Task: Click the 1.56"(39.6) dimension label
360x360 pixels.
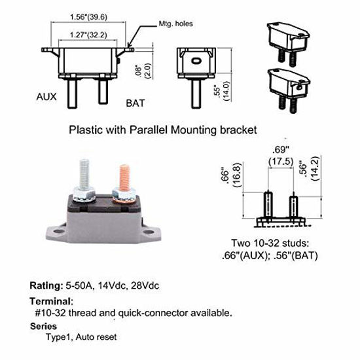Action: pos(88,17)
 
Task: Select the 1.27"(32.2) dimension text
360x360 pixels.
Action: pos(88,35)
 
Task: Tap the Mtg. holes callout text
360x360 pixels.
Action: pos(175,24)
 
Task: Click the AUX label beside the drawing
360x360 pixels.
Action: pos(46,97)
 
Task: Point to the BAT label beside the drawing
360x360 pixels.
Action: pos(135,103)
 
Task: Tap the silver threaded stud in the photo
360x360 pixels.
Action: pos(84,175)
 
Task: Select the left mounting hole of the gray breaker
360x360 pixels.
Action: pos(58,231)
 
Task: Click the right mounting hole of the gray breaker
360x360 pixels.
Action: pos(149,232)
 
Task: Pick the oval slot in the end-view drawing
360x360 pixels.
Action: pos(196,61)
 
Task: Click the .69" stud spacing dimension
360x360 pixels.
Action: pos(281,150)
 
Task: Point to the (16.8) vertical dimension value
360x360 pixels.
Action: pos(237,175)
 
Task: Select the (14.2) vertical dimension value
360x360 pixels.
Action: pos(315,168)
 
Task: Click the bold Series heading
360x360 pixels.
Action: pos(43,326)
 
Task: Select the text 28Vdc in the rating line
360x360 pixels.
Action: pos(145,286)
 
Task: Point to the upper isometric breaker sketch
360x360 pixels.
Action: pos(289,44)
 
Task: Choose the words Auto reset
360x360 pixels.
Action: pos(96,337)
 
